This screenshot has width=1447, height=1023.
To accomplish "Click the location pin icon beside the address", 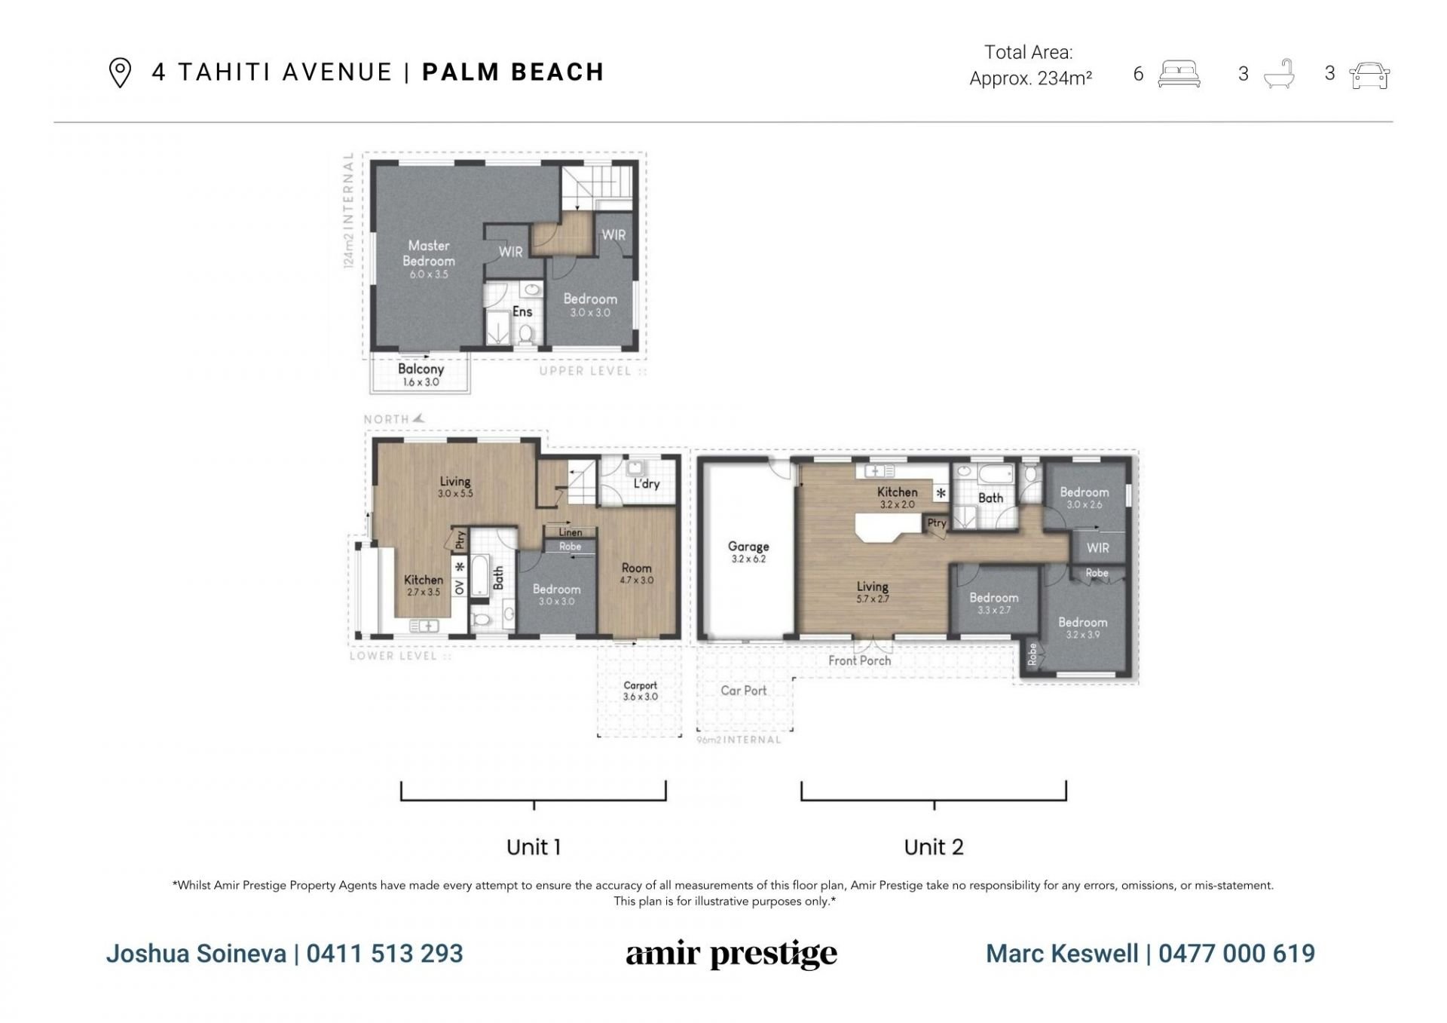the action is point(120,73).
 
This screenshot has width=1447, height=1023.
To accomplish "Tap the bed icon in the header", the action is point(1179,75).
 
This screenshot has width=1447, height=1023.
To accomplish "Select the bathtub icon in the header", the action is point(1279,75).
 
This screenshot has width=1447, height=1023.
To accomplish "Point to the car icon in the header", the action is point(1369,75).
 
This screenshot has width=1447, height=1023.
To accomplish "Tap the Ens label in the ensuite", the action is point(522,311).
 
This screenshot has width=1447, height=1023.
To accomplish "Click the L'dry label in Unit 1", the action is point(647,483).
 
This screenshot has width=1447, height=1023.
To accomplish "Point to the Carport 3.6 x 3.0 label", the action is point(641,691).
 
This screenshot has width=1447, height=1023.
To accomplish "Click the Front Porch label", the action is point(859,660).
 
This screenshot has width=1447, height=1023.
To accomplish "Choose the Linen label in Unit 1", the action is point(571,532).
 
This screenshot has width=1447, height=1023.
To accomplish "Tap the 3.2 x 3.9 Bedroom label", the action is point(1083,628).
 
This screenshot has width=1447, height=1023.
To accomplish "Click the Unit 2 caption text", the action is point(934,847).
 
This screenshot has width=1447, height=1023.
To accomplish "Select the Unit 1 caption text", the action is point(534,847).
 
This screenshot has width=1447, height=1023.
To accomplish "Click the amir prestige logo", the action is point(731,954).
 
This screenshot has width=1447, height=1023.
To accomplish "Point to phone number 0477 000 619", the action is point(1237,954).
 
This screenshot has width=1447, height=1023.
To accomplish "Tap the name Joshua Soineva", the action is point(196,954).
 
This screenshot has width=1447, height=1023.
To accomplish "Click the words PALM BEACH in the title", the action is point(513,72).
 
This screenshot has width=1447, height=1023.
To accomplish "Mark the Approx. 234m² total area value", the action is point(1031,78).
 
